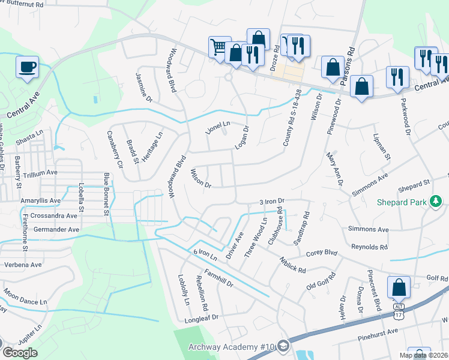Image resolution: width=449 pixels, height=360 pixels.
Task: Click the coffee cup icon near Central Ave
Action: point(28,66)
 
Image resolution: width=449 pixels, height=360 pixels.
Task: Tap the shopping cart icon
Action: point(219,46)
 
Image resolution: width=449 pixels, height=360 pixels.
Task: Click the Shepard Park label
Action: point(402,202)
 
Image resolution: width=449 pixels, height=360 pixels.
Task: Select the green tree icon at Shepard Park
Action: point(436,202)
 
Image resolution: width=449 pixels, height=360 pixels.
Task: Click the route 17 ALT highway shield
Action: point(399,311)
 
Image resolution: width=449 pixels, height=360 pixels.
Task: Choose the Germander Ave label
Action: point(58,229)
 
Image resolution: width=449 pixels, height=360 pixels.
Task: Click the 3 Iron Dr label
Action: point(271,202)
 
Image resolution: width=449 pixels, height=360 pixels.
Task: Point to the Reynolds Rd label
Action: point(369,247)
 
